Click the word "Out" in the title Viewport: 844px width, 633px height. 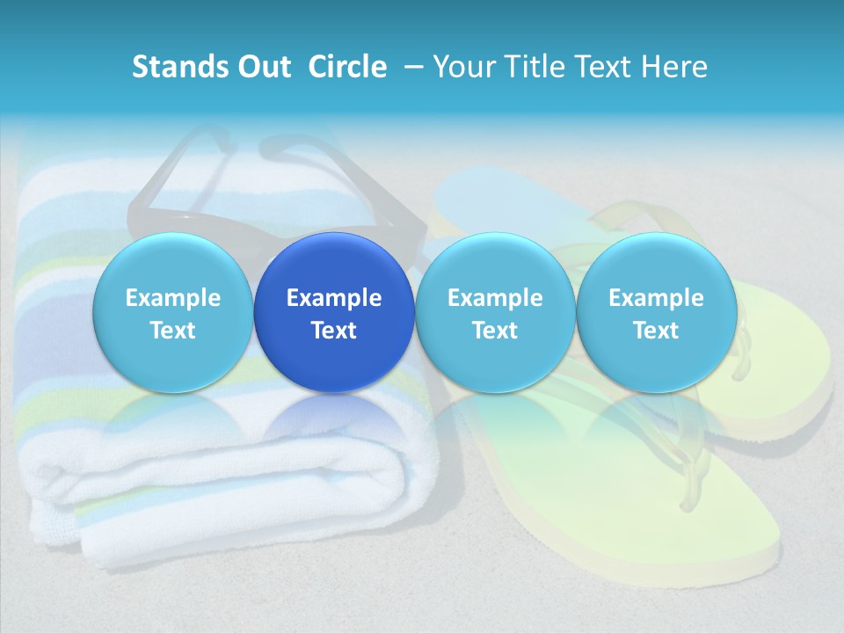(262, 67)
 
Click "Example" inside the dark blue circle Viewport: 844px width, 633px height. (334, 298)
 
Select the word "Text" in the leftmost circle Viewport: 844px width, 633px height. (172, 331)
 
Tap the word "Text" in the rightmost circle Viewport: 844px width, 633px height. (656, 331)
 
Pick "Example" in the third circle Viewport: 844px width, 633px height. (495, 298)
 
